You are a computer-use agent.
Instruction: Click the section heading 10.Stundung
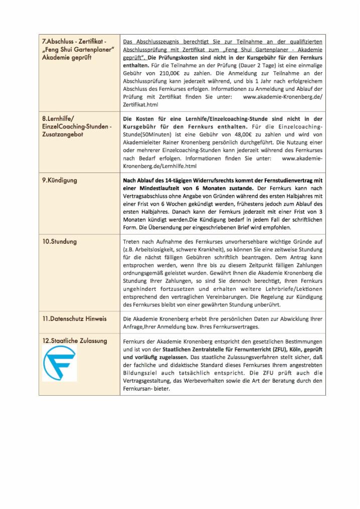click(x=59, y=241)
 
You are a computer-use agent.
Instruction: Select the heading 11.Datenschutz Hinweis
click(x=74, y=318)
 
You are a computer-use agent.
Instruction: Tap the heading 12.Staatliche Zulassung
click(x=74, y=341)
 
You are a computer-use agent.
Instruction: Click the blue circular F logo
click(x=59, y=363)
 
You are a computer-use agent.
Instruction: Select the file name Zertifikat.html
click(x=140, y=104)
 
